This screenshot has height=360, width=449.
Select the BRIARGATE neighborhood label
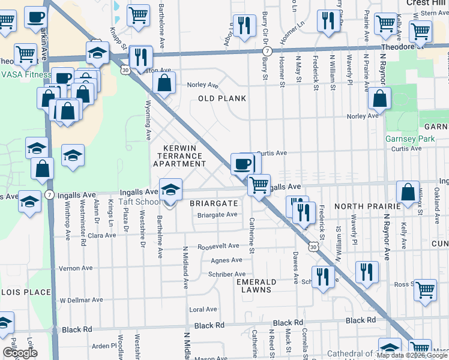point(214,203)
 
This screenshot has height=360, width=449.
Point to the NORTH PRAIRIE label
point(367,206)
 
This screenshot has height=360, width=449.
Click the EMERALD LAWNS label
point(256,286)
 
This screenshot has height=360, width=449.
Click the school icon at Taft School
point(170,190)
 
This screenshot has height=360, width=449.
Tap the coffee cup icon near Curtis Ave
point(243,163)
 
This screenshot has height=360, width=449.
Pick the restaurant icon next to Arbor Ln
point(244,25)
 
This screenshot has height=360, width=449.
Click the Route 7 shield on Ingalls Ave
point(49,195)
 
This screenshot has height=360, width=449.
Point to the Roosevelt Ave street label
point(218,247)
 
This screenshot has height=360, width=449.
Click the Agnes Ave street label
point(226,260)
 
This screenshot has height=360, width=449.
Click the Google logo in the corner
point(20,353)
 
